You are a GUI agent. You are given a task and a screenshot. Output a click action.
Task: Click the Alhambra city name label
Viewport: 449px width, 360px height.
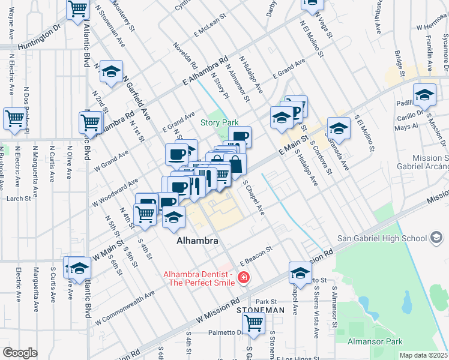[197, 241]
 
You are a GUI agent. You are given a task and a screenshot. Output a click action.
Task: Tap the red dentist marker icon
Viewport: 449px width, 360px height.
[244, 277]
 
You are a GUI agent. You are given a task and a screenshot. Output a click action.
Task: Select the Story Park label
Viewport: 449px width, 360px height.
[219, 122]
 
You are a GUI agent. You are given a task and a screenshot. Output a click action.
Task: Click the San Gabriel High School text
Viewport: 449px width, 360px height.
[381, 238]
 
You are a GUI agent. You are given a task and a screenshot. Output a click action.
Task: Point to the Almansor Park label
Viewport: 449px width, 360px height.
[376, 341]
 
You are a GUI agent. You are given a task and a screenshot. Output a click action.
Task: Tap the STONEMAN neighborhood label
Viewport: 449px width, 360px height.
[260, 310]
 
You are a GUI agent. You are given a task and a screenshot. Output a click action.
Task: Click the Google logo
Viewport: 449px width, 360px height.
[19, 352]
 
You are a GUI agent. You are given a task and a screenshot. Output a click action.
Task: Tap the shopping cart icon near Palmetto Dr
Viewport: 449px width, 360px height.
[254, 323]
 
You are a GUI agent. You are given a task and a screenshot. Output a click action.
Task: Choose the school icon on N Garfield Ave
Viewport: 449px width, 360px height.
[111, 72]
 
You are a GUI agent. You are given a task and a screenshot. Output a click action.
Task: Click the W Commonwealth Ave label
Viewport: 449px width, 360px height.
[125, 305]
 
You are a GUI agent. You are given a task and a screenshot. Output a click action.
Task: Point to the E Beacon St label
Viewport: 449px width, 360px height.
[256, 255]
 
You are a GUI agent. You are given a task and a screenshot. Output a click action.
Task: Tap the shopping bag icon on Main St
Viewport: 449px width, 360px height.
[236, 164]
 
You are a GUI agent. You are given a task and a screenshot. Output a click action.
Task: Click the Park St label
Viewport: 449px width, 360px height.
[265, 301]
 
